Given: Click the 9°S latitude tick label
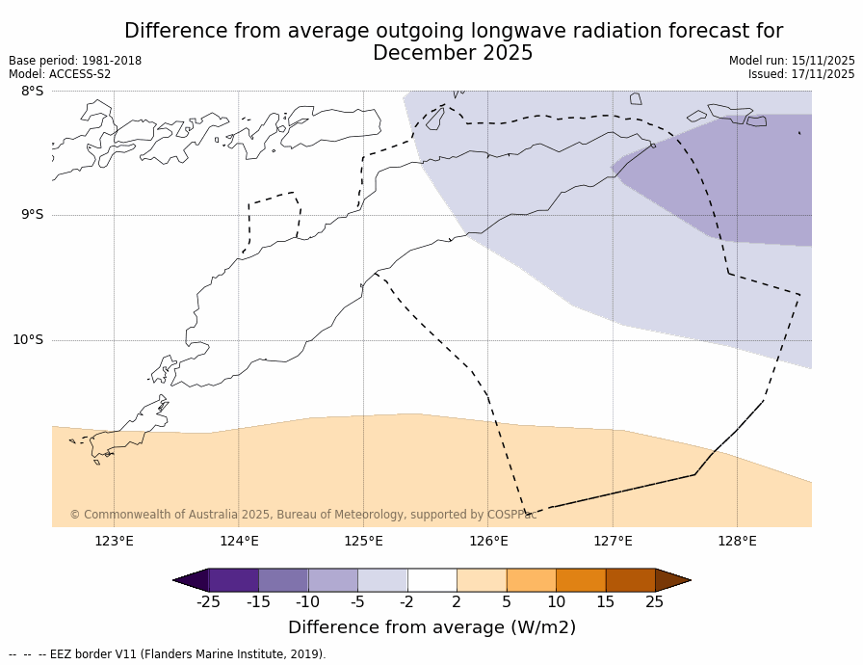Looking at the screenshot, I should point(32,215).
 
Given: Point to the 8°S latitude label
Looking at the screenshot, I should point(32,92).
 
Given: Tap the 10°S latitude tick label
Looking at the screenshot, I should point(28,339).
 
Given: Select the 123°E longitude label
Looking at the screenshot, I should point(114,541).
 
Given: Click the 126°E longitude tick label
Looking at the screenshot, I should point(488,541).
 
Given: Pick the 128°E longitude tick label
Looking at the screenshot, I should point(737,541).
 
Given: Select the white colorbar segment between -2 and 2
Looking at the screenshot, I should point(431,580).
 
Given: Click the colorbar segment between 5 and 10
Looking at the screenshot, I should point(531,580).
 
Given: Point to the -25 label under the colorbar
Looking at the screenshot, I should point(208,602).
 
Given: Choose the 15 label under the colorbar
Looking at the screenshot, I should point(605,602).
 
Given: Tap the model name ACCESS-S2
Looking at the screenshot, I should point(80,74).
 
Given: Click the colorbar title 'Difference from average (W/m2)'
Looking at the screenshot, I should point(431,627).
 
